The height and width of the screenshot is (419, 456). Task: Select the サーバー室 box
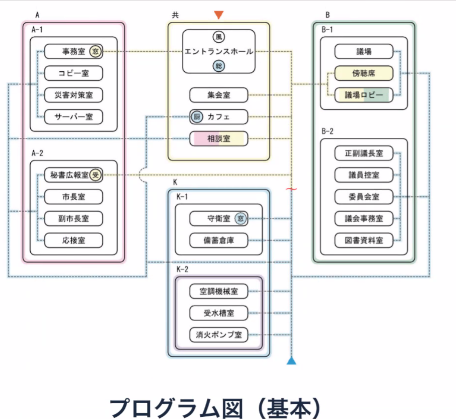[x=74, y=116]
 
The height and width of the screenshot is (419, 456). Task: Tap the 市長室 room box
[x=74, y=197]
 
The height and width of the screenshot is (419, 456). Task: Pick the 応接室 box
[x=74, y=241]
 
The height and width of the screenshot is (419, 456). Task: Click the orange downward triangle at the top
[x=218, y=15]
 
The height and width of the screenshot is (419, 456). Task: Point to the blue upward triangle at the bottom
[x=291, y=361]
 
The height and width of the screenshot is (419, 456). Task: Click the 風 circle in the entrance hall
[x=218, y=38]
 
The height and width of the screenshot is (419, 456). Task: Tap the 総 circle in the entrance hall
[x=218, y=65]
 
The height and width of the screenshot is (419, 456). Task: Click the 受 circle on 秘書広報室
[x=96, y=175]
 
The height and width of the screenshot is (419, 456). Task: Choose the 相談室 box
[x=218, y=138]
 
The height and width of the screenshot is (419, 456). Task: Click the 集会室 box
[x=218, y=95]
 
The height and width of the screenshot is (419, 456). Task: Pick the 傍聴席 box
[x=363, y=73]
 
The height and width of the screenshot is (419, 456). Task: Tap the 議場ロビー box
[x=363, y=95]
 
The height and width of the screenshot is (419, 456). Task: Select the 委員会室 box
[x=363, y=197]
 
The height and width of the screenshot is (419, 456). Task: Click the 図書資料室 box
[x=363, y=240]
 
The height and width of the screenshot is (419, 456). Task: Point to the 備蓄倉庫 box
[x=218, y=240]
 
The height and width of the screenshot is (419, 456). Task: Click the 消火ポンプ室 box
[x=218, y=335]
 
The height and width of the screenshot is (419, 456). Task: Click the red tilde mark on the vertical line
[x=291, y=188]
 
